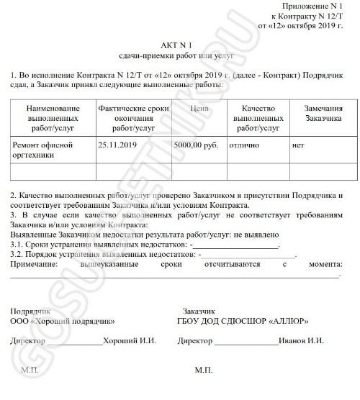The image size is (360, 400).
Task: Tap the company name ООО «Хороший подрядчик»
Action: [63, 319]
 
